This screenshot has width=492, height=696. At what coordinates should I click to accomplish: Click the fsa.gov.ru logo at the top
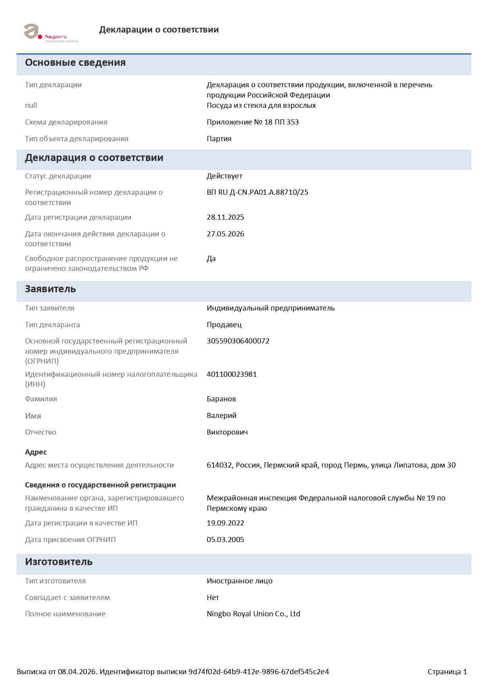(51, 33)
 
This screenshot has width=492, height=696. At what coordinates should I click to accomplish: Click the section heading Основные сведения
(75, 63)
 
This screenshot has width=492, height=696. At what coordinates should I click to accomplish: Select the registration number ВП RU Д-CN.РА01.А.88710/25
(257, 192)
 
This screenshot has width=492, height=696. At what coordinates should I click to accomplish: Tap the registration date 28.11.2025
(225, 217)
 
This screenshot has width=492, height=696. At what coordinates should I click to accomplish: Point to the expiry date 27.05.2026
(225, 234)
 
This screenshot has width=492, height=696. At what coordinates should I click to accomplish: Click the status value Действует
(224, 176)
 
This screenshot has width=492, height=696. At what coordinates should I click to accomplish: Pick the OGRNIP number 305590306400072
(238, 341)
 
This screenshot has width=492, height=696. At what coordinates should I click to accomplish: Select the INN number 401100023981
(232, 374)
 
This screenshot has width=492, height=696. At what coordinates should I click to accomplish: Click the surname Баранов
(221, 399)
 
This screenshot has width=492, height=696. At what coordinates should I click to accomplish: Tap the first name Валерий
(221, 416)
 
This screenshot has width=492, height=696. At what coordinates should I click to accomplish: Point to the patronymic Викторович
(227, 432)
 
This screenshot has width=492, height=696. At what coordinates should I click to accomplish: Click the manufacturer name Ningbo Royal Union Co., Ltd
(253, 614)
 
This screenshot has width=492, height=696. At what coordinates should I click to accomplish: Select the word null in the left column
(31, 105)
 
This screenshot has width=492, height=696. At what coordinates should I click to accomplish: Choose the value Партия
(219, 139)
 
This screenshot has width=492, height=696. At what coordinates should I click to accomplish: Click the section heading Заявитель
(50, 289)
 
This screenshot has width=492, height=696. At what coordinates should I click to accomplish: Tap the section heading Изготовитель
(59, 562)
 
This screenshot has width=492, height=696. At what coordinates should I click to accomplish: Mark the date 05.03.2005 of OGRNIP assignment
(225, 540)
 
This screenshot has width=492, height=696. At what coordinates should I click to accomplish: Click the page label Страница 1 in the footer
(447, 672)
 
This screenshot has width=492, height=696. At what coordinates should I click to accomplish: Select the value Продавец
(224, 325)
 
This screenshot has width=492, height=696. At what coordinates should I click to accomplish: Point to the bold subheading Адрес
(36, 452)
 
